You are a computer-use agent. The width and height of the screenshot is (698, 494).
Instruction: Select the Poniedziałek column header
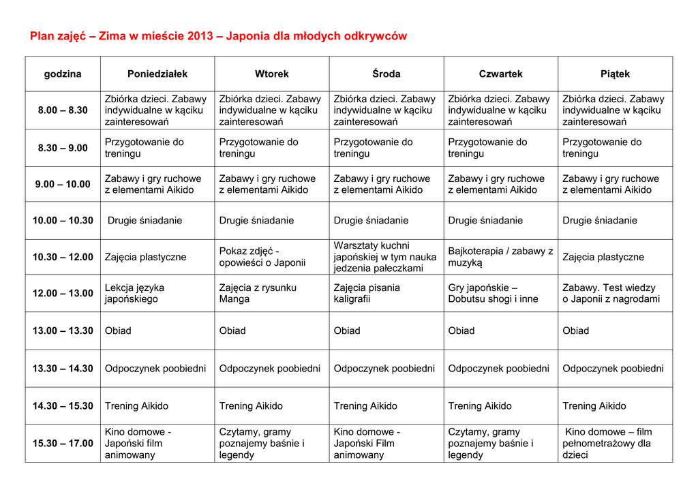click(x=157, y=74)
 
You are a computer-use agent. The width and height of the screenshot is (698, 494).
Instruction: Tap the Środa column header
click(x=386, y=74)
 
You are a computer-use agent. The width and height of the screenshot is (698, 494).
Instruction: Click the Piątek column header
click(x=616, y=74)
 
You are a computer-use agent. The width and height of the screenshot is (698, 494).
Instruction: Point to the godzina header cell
click(x=63, y=74)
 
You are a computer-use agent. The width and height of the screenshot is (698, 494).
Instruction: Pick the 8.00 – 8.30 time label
click(x=63, y=110)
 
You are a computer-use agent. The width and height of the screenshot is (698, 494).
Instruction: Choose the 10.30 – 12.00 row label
click(x=63, y=257)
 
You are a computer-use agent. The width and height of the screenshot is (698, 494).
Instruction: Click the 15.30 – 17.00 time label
click(x=63, y=444)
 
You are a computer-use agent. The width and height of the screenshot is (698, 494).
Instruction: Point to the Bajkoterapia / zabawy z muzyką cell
click(x=500, y=257)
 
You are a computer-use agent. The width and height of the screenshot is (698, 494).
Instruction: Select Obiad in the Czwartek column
click(x=461, y=331)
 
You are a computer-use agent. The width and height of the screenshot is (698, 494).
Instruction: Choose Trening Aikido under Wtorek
click(x=251, y=406)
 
